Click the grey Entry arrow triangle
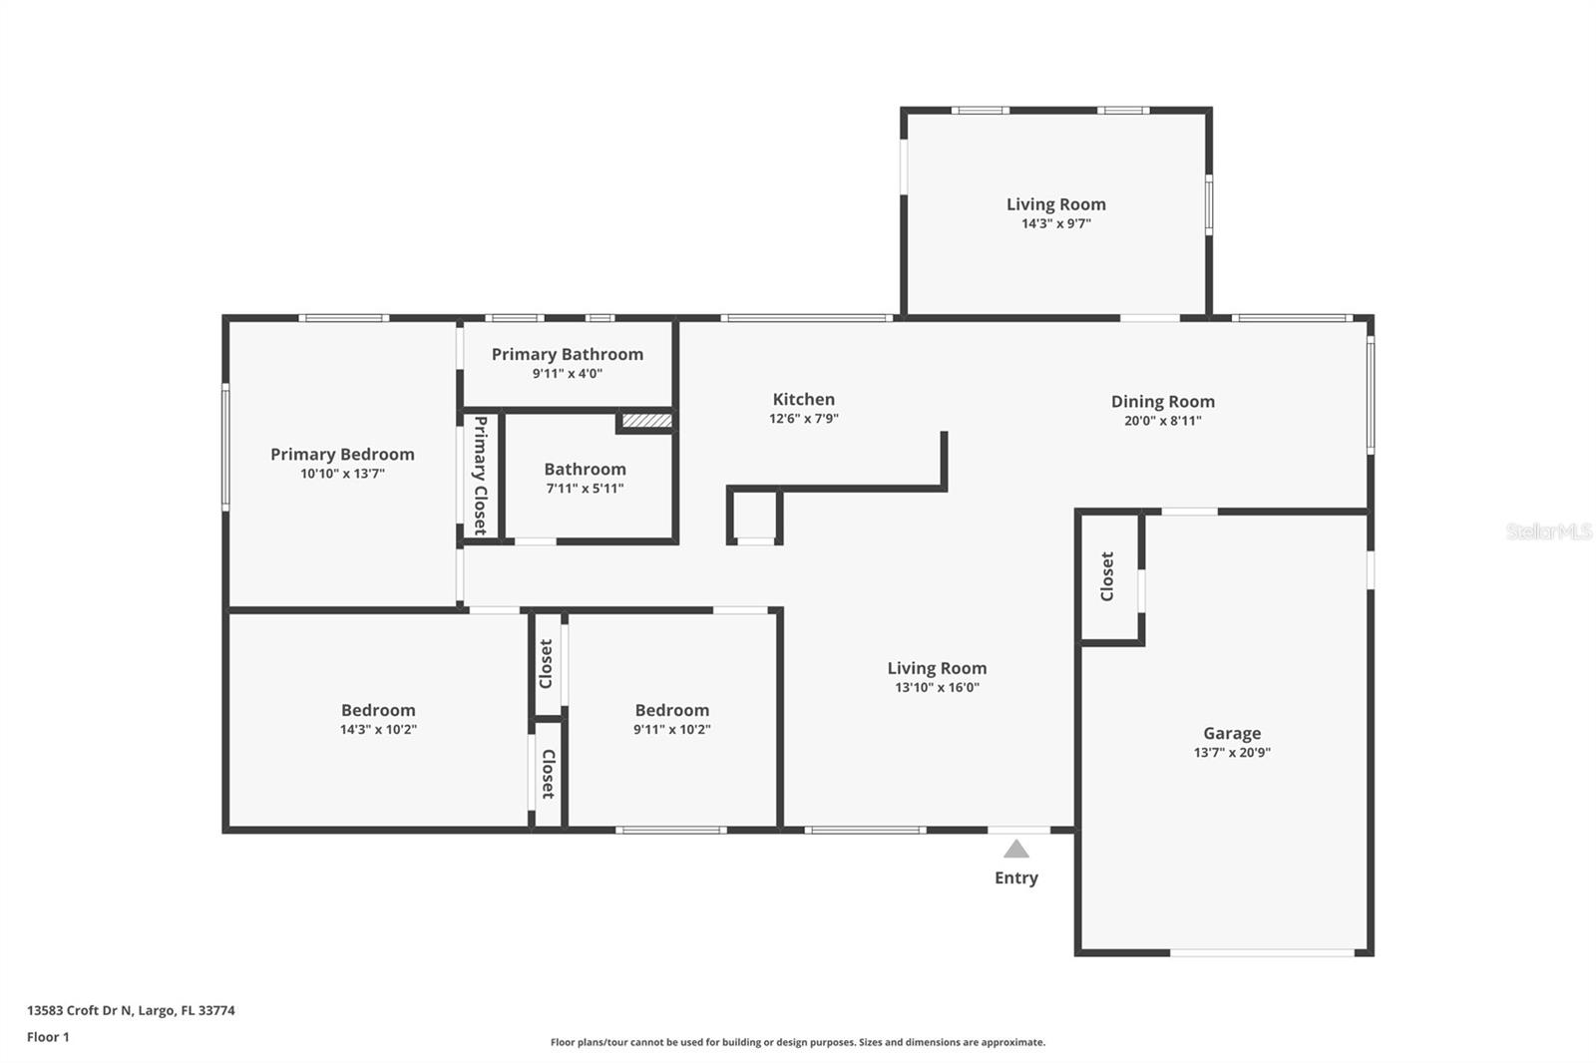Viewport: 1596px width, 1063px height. click(1015, 850)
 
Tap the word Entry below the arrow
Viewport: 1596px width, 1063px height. click(1015, 878)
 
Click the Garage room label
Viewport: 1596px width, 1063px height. click(1231, 733)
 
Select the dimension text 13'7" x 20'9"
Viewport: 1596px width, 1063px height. click(1231, 753)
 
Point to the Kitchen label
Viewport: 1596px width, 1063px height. click(803, 399)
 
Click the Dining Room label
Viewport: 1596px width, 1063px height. click(1162, 401)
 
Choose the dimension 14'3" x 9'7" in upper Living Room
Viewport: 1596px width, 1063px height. click(1055, 223)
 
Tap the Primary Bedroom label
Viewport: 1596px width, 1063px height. click(342, 454)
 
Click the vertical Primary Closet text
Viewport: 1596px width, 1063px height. click(480, 475)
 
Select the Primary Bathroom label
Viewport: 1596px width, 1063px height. click(567, 354)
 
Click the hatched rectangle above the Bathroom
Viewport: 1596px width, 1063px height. click(646, 421)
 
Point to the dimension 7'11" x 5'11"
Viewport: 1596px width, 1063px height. click(585, 489)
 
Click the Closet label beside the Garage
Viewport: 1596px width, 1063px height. click(1107, 576)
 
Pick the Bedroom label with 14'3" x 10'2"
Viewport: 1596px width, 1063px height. click(378, 710)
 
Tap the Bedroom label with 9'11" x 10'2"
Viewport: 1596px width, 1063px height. click(671, 710)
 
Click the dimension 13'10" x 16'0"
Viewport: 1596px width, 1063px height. click(937, 687)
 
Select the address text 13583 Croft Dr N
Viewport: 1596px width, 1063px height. click(80, 1010)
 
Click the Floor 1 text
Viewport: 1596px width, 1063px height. click(48, 1037)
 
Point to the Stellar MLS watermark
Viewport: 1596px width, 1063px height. click(1548, 531)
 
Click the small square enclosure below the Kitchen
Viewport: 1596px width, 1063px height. click(755, 515)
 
